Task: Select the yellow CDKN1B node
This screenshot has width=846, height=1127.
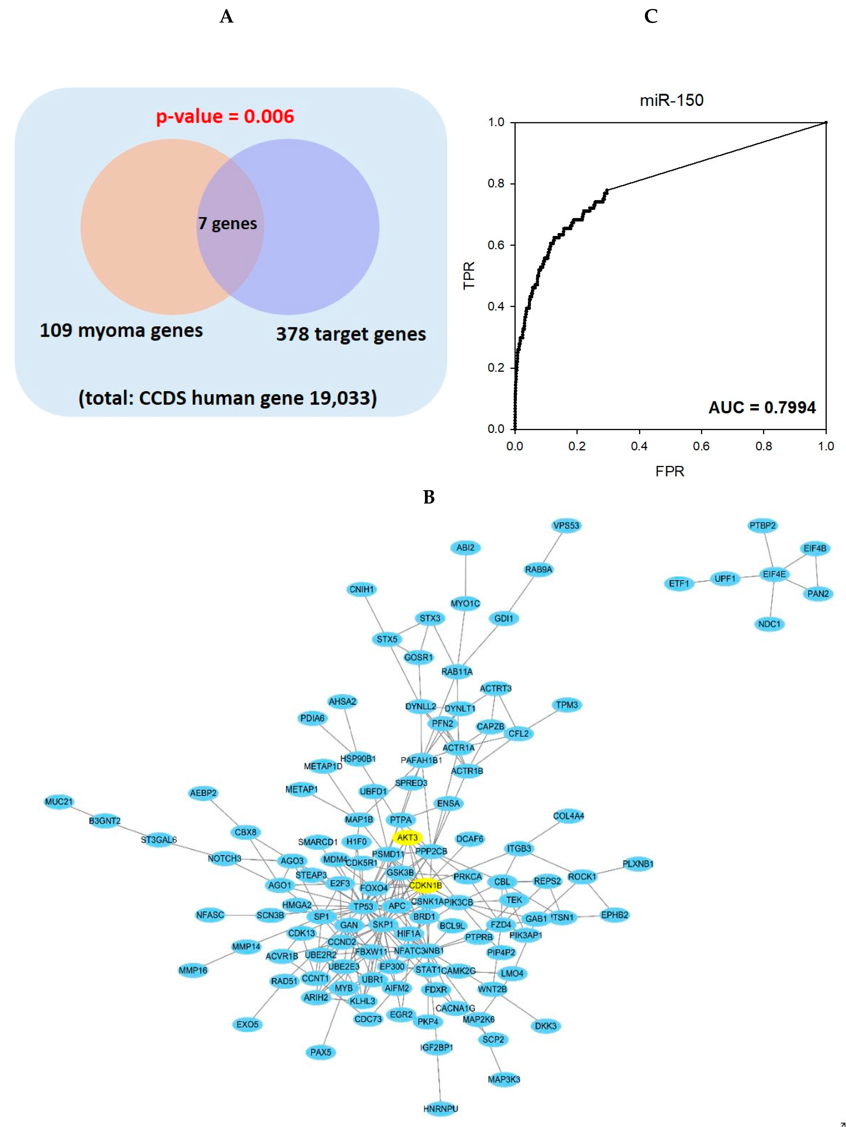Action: click(x=425, y=885)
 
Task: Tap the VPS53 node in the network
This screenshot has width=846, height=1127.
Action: click(x=566, y=525)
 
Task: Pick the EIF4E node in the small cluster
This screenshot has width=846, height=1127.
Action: click(x=774, y=574)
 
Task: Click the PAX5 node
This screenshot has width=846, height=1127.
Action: click(x=321, y=1052)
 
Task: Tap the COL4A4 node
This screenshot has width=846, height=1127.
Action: click(x=568, y=816)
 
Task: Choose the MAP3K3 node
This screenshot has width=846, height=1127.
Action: click(x=504, y=1079)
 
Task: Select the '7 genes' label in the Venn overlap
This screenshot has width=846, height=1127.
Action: click(x=227, y=223)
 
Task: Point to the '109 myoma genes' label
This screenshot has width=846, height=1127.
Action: click(x=121, y=330)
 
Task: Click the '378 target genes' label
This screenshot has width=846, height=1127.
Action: click(x=351, y=334)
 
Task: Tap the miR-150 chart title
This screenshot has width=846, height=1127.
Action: click(x=671, y=100)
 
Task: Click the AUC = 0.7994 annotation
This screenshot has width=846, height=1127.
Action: click(x=762, y=407)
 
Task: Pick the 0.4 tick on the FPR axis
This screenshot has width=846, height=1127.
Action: click(x=639, y=446)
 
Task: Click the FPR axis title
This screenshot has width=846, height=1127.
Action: click(x=670, y=471)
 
